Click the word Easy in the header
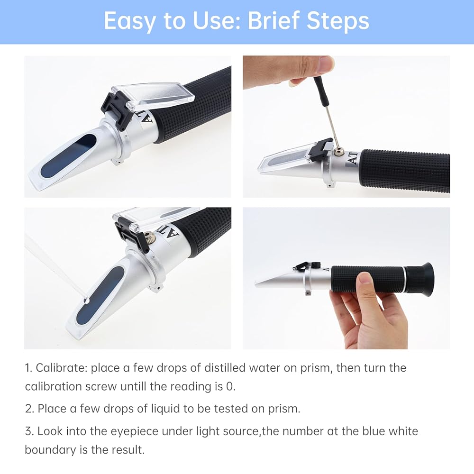pyautogui.click(x=129, y=21)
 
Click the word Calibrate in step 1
pyautogui.click(x=61, y=368)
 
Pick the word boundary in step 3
pyautogui.click(x=50, y=450)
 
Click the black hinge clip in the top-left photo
pyautogui.click(x=117, y=110)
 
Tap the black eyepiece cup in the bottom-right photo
pyautogui.click(x=419, y=277)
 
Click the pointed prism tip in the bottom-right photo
pyautogui.click(x=256, y=283)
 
